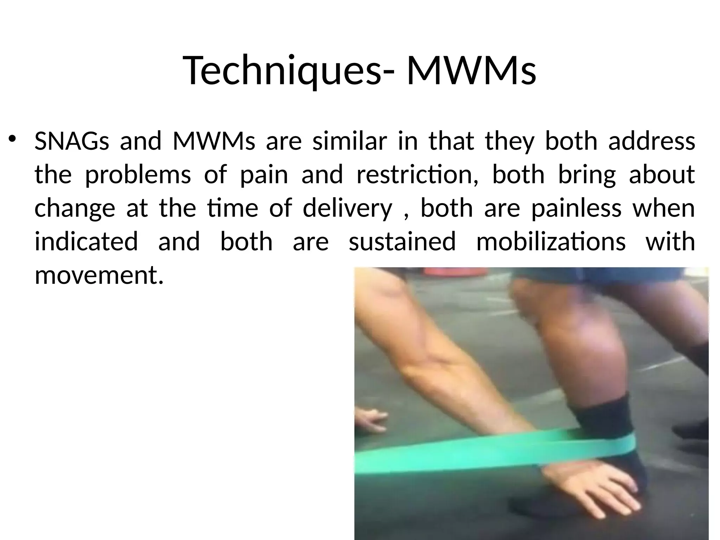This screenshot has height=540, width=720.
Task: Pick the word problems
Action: [x=138, y=175]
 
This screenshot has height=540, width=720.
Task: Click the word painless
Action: [x=576, y=208]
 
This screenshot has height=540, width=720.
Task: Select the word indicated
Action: [x=86, y=242]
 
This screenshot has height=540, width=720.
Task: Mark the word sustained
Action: [x=402, y=242]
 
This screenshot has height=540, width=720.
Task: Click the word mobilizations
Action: [x=551, y=242]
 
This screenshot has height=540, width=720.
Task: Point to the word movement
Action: [x=99, y=275]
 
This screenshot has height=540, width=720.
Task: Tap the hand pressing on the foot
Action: [x=591, y=492]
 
